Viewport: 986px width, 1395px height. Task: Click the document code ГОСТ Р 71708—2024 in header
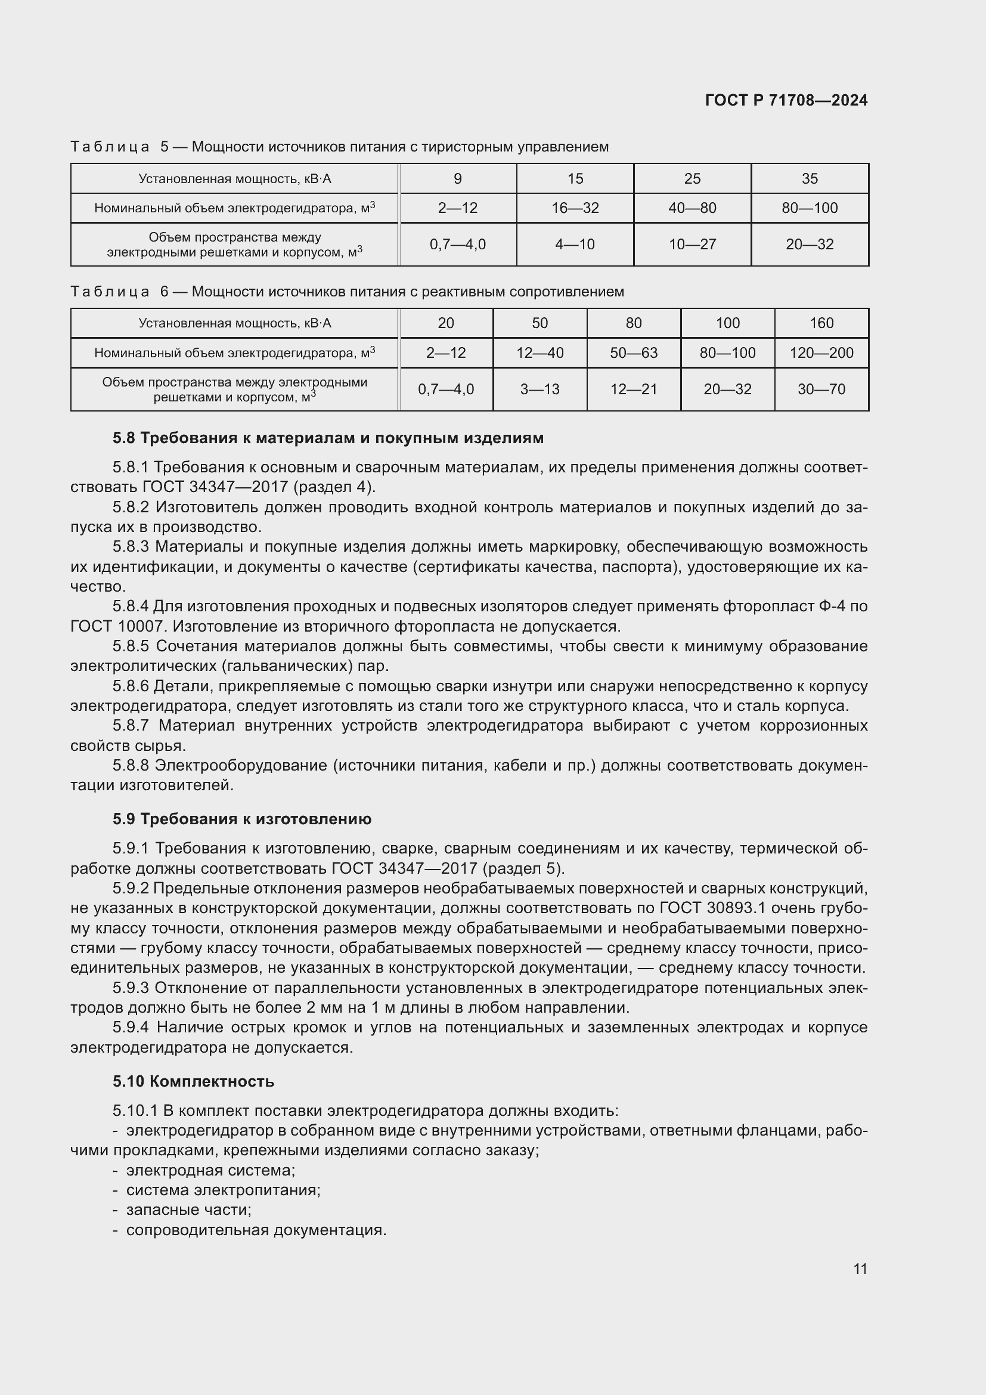pyautogui.click(x=786, y=100)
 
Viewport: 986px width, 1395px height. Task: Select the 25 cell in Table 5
pyautogui.click(x=692, y=179)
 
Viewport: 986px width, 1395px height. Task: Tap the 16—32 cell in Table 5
pyautogui.click(x=575, y=208)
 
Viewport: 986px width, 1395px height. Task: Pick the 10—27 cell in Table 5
pyautogui.click(x=692, y=245)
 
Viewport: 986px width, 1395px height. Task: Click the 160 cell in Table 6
pyautogui.click(x=821, y=323)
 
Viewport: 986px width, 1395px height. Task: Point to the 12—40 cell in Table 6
pyautogui.click(x=539, y=353)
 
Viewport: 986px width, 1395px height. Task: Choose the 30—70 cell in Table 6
pyautogui.click(x=821, y=389)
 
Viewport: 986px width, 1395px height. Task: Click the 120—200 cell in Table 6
pyautogui.click(x=821, y=353)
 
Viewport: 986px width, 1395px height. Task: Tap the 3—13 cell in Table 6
pyautogui.click(x=539, y=389)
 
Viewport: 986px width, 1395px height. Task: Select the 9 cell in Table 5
pyautogui.click(x=458, y=179)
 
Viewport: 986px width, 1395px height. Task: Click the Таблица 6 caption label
pyautogui.click(x=119, y=292)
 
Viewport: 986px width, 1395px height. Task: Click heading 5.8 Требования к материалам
pyautogui.click(x=328, y=438)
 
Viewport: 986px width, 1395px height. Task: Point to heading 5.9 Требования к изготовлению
pyautogui.click(x=241, y=819)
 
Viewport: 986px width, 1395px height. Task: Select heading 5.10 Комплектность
pyautogui.click(x=193, y=1081)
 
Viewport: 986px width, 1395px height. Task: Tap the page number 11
pyautogui.click(x=860, y=1269)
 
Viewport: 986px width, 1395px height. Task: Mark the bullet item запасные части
pyautogui.click(x=188, y=1210)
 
